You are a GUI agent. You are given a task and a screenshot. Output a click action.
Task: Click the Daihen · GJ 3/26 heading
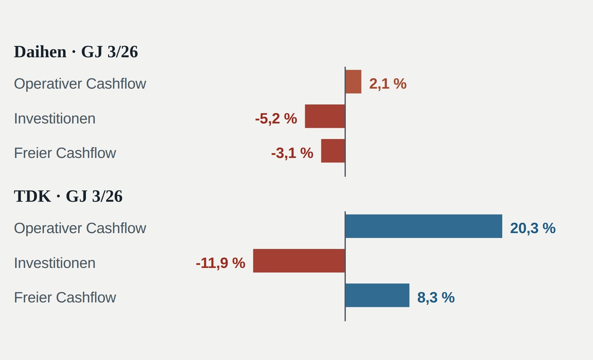tap(76, 51)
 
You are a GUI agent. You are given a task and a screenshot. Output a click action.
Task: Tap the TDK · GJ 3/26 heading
tap(68, 196)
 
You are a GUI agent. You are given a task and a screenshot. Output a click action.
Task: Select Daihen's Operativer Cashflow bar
tap(353, 82)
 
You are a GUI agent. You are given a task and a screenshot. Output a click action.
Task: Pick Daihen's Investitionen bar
tap(325, 116)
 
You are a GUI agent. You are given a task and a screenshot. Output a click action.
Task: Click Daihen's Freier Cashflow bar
tap(333, 151)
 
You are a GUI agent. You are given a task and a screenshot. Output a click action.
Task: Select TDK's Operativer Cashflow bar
tap(424, 226)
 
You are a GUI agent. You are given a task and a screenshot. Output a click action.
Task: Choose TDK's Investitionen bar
tap(299, 261)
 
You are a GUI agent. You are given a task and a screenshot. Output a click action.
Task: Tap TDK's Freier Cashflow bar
tap(378, 295)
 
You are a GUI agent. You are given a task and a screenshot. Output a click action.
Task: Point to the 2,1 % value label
tap(388, 84)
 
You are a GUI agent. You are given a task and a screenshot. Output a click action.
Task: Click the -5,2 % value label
tap(276, 119)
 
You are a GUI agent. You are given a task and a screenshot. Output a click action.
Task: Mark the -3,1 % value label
tap(292, 153)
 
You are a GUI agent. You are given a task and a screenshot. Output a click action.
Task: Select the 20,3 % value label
tap(533, 228)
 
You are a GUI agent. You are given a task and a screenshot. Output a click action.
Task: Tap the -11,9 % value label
tap(221, 263)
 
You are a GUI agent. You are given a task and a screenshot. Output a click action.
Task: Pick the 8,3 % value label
tap(436, 297)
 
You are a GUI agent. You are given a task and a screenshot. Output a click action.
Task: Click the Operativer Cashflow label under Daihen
tap(80, 84)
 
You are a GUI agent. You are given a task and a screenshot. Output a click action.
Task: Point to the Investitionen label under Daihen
tap(55, 119)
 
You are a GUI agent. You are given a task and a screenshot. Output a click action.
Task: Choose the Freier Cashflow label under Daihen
tap(65, 153)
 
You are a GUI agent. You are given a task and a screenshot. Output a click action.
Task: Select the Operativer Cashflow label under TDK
tap(80, 228)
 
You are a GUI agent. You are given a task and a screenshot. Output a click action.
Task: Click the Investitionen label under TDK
tap(55, 263)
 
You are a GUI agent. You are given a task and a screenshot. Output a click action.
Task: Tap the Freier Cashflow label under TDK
tap(65, 297)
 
